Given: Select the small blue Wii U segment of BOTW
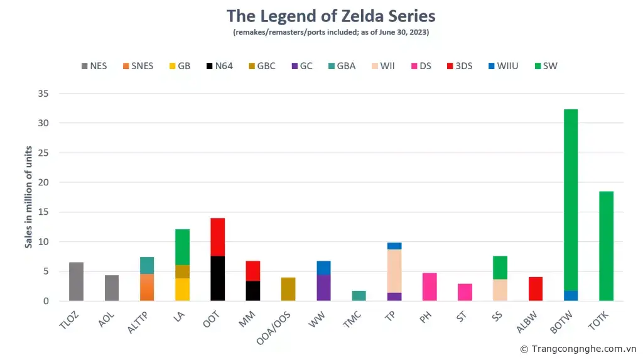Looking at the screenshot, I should (570, 296).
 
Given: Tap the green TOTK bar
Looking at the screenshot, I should (606, 246).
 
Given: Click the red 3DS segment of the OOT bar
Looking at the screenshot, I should (217, 237).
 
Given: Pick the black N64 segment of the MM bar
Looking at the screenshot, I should (252, 291).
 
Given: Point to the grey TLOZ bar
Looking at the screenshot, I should (76, 281).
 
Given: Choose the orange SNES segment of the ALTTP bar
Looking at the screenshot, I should (147, 287).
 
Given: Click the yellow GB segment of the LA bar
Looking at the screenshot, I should (182, 290).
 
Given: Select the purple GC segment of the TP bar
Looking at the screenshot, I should (394, 297).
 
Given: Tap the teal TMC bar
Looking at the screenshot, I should (359, 296).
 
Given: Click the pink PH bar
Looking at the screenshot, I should (430, 287).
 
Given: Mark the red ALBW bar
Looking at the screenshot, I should (535, 289).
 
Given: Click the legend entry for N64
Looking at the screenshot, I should (219, 66).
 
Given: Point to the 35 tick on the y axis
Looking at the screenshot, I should (43, 94).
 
